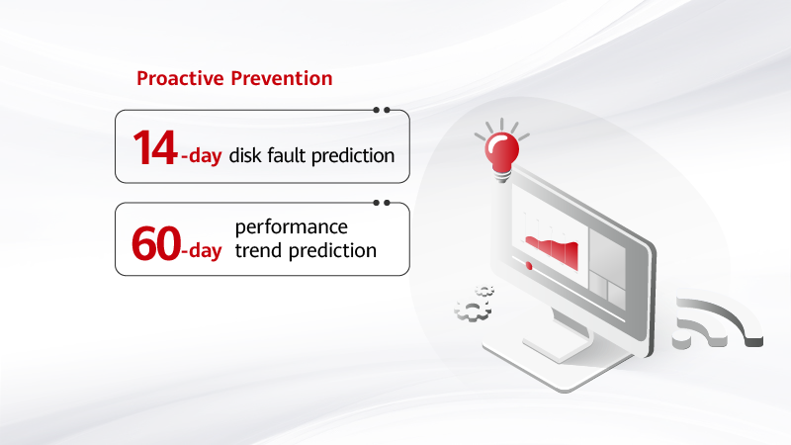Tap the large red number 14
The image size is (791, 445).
tap(155, 147)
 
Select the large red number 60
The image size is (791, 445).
tap(155, 241)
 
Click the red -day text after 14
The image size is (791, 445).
tap(201, 155)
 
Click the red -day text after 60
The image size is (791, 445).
tap(201, 251)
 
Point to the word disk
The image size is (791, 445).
tap(247, 155)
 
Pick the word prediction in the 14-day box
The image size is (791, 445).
tap(357, 156)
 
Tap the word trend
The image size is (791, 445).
tap(258, 250)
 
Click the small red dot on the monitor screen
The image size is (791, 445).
tap(530, 266)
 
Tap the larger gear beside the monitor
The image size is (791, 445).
tap(472, 311)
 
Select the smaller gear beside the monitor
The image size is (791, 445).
tap(484, 290)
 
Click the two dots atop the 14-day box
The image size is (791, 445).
tap(382, 110)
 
